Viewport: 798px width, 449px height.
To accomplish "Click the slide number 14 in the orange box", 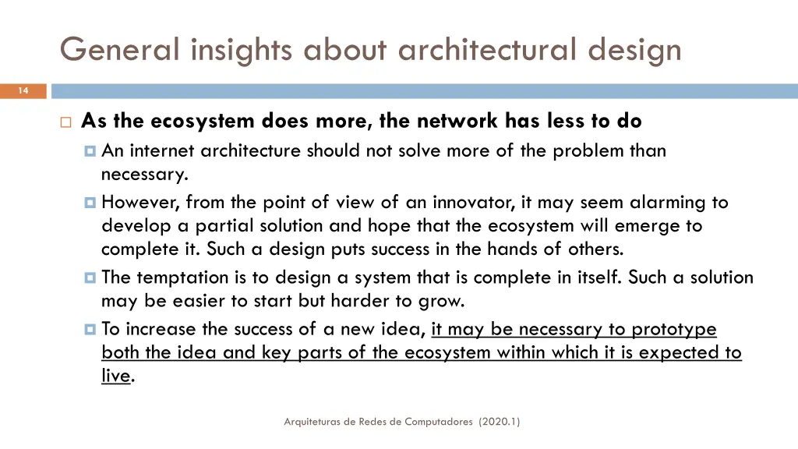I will tap(23, 91).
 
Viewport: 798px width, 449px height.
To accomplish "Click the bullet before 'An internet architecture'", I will tap(90, 150).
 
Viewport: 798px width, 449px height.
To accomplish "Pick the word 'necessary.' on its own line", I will tap(145, 175).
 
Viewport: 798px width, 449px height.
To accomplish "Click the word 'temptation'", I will tap(183, 278).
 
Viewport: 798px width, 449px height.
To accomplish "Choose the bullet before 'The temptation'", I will tap(90, 278).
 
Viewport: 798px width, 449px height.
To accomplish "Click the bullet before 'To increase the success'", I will tap(90, 329).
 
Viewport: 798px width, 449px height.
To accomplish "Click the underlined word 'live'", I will tap(115, 376).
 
